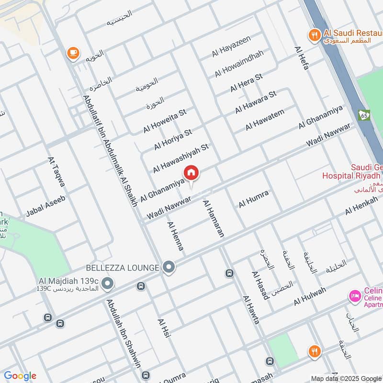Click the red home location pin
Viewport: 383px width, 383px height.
click(x=191, y=173)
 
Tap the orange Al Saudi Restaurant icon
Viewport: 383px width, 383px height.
click(x=314, y=34)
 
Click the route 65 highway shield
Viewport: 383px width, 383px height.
click(x=364, y=115)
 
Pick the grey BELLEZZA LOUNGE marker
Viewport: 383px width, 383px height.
click(x=168, y=268)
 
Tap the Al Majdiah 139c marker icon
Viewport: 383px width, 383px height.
click(x=108, y=284)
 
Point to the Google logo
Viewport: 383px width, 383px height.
click(x=20, y=376)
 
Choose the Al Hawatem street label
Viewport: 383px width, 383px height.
click(x=265, y=120)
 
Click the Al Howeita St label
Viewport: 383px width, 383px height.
click(x=164, y=121)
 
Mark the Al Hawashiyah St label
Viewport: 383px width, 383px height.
click(x=181, y=158)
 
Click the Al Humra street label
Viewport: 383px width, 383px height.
click(x=253, y=199)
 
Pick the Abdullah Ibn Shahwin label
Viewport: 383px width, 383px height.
click(x=124, y=340)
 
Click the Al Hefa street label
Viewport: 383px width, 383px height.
click(x=302, y=59)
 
